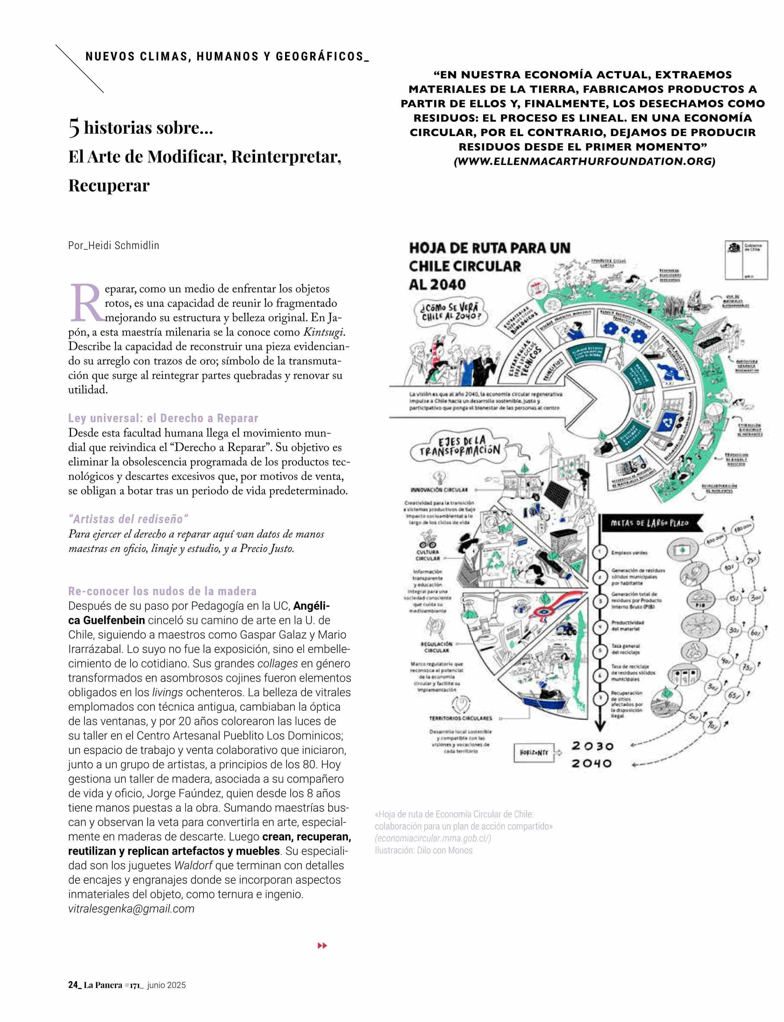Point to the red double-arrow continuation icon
coord(322,946)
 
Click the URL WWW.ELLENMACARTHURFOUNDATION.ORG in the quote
coord(584,162)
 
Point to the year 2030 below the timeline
coord(592,746)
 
